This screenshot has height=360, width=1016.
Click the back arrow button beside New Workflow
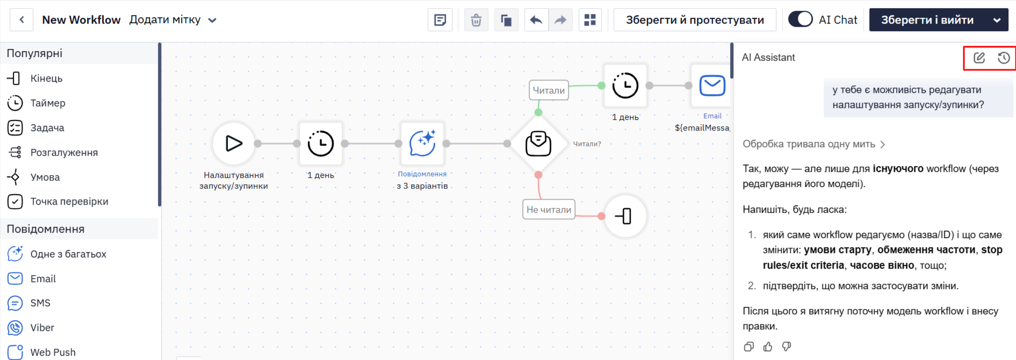coord(21,20)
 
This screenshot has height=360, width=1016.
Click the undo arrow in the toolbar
coord(536,20)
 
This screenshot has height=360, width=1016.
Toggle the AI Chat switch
coord(800,19)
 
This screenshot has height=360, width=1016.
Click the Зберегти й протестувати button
coord(695,20)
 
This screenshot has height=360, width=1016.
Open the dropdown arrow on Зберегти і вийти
coord(997,20)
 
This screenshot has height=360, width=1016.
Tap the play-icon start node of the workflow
coord(234,143)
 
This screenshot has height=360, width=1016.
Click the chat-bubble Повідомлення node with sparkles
coord(422,143)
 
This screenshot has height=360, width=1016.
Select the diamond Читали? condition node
coord(538,143)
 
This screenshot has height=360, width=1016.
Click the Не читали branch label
coord(549,210)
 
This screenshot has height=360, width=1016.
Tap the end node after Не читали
coord(625,216)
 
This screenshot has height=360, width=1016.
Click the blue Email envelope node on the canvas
coord(712,85)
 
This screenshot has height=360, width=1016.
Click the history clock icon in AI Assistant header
coord(1003,58)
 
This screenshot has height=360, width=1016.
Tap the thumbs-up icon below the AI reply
coord(768,347)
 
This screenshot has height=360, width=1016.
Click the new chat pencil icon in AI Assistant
coord(979,58)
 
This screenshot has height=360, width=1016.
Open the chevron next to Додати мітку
coord(212,20)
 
